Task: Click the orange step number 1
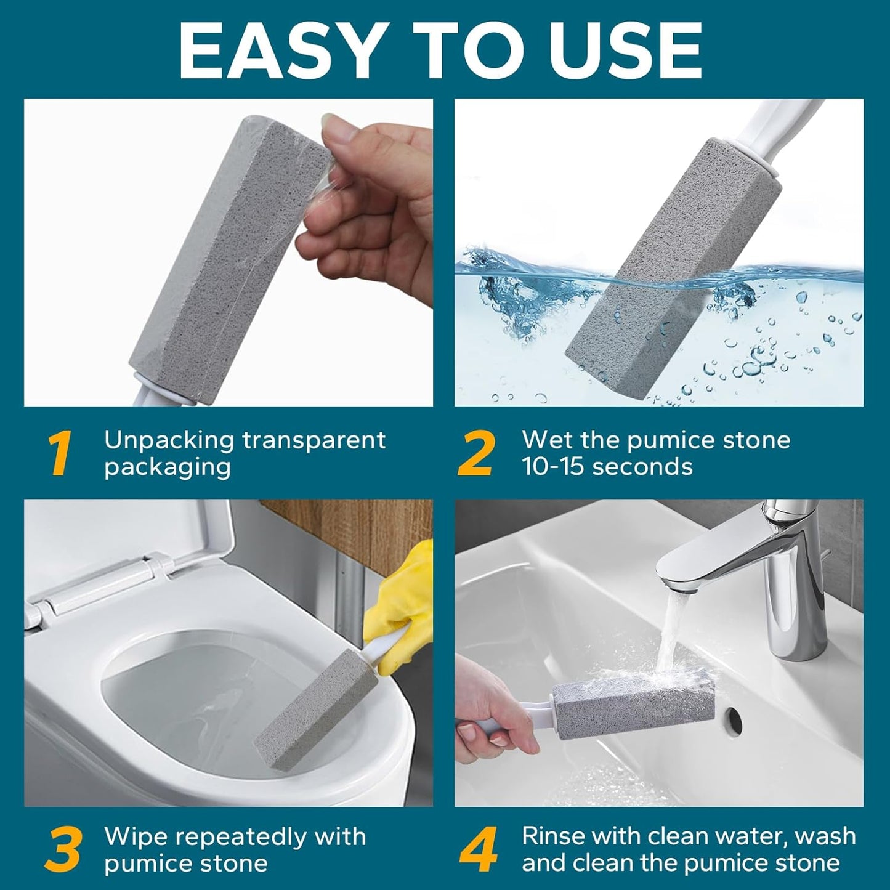[60, 454]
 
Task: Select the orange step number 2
[476, 454]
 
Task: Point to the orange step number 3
[63, 851]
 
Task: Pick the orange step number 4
[479, 851]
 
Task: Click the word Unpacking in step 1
[169, 440]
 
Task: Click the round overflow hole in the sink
[733, 716]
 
